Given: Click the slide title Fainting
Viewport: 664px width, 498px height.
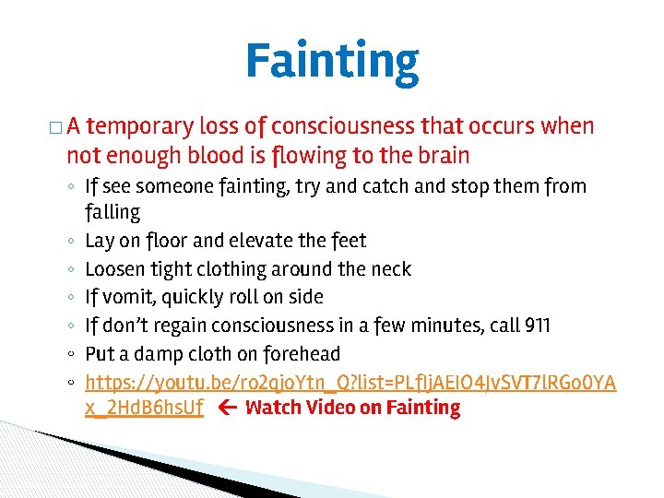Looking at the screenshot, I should coord(332,61).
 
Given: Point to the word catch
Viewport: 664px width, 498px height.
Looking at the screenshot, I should coord(378,186).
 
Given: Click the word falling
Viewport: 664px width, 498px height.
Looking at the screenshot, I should coord(113,212).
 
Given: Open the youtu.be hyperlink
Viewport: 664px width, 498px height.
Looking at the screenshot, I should coord(350,382).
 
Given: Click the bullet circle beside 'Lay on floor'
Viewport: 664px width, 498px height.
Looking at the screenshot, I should coord(71,242).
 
